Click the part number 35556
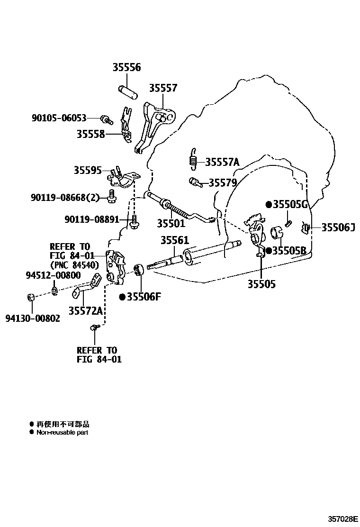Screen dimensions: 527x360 [126, 68]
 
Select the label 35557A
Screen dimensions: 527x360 [222, 163]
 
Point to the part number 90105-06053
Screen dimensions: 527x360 [59, 118]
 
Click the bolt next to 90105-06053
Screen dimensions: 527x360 [106, 119]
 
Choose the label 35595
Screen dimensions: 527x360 [88, 170]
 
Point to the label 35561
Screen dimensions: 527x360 [174, 240]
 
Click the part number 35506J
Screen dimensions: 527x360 [338, 227]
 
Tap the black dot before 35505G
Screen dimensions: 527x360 [269, 205]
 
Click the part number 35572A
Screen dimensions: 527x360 [86, 311]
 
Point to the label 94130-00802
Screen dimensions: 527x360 [33, 318]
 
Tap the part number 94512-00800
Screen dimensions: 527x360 [53, 275]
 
